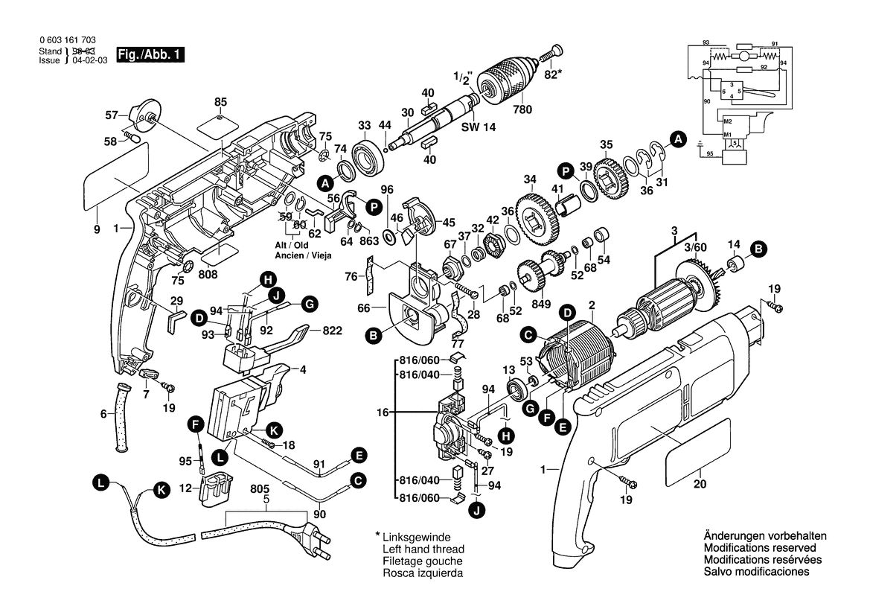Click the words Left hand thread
422,549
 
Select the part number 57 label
112,115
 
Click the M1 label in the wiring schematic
728,134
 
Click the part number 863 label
369,241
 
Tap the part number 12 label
187,488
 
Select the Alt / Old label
290,245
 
